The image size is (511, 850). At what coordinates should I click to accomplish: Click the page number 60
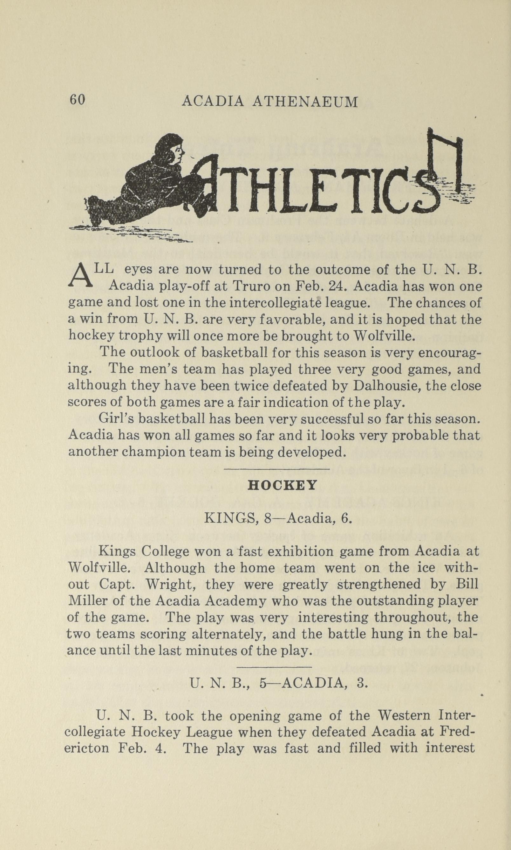click(77, 100)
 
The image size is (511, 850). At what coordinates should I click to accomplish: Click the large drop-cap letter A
click(81, 276)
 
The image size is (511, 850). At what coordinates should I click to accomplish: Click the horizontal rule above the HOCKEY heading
click(276, 469)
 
